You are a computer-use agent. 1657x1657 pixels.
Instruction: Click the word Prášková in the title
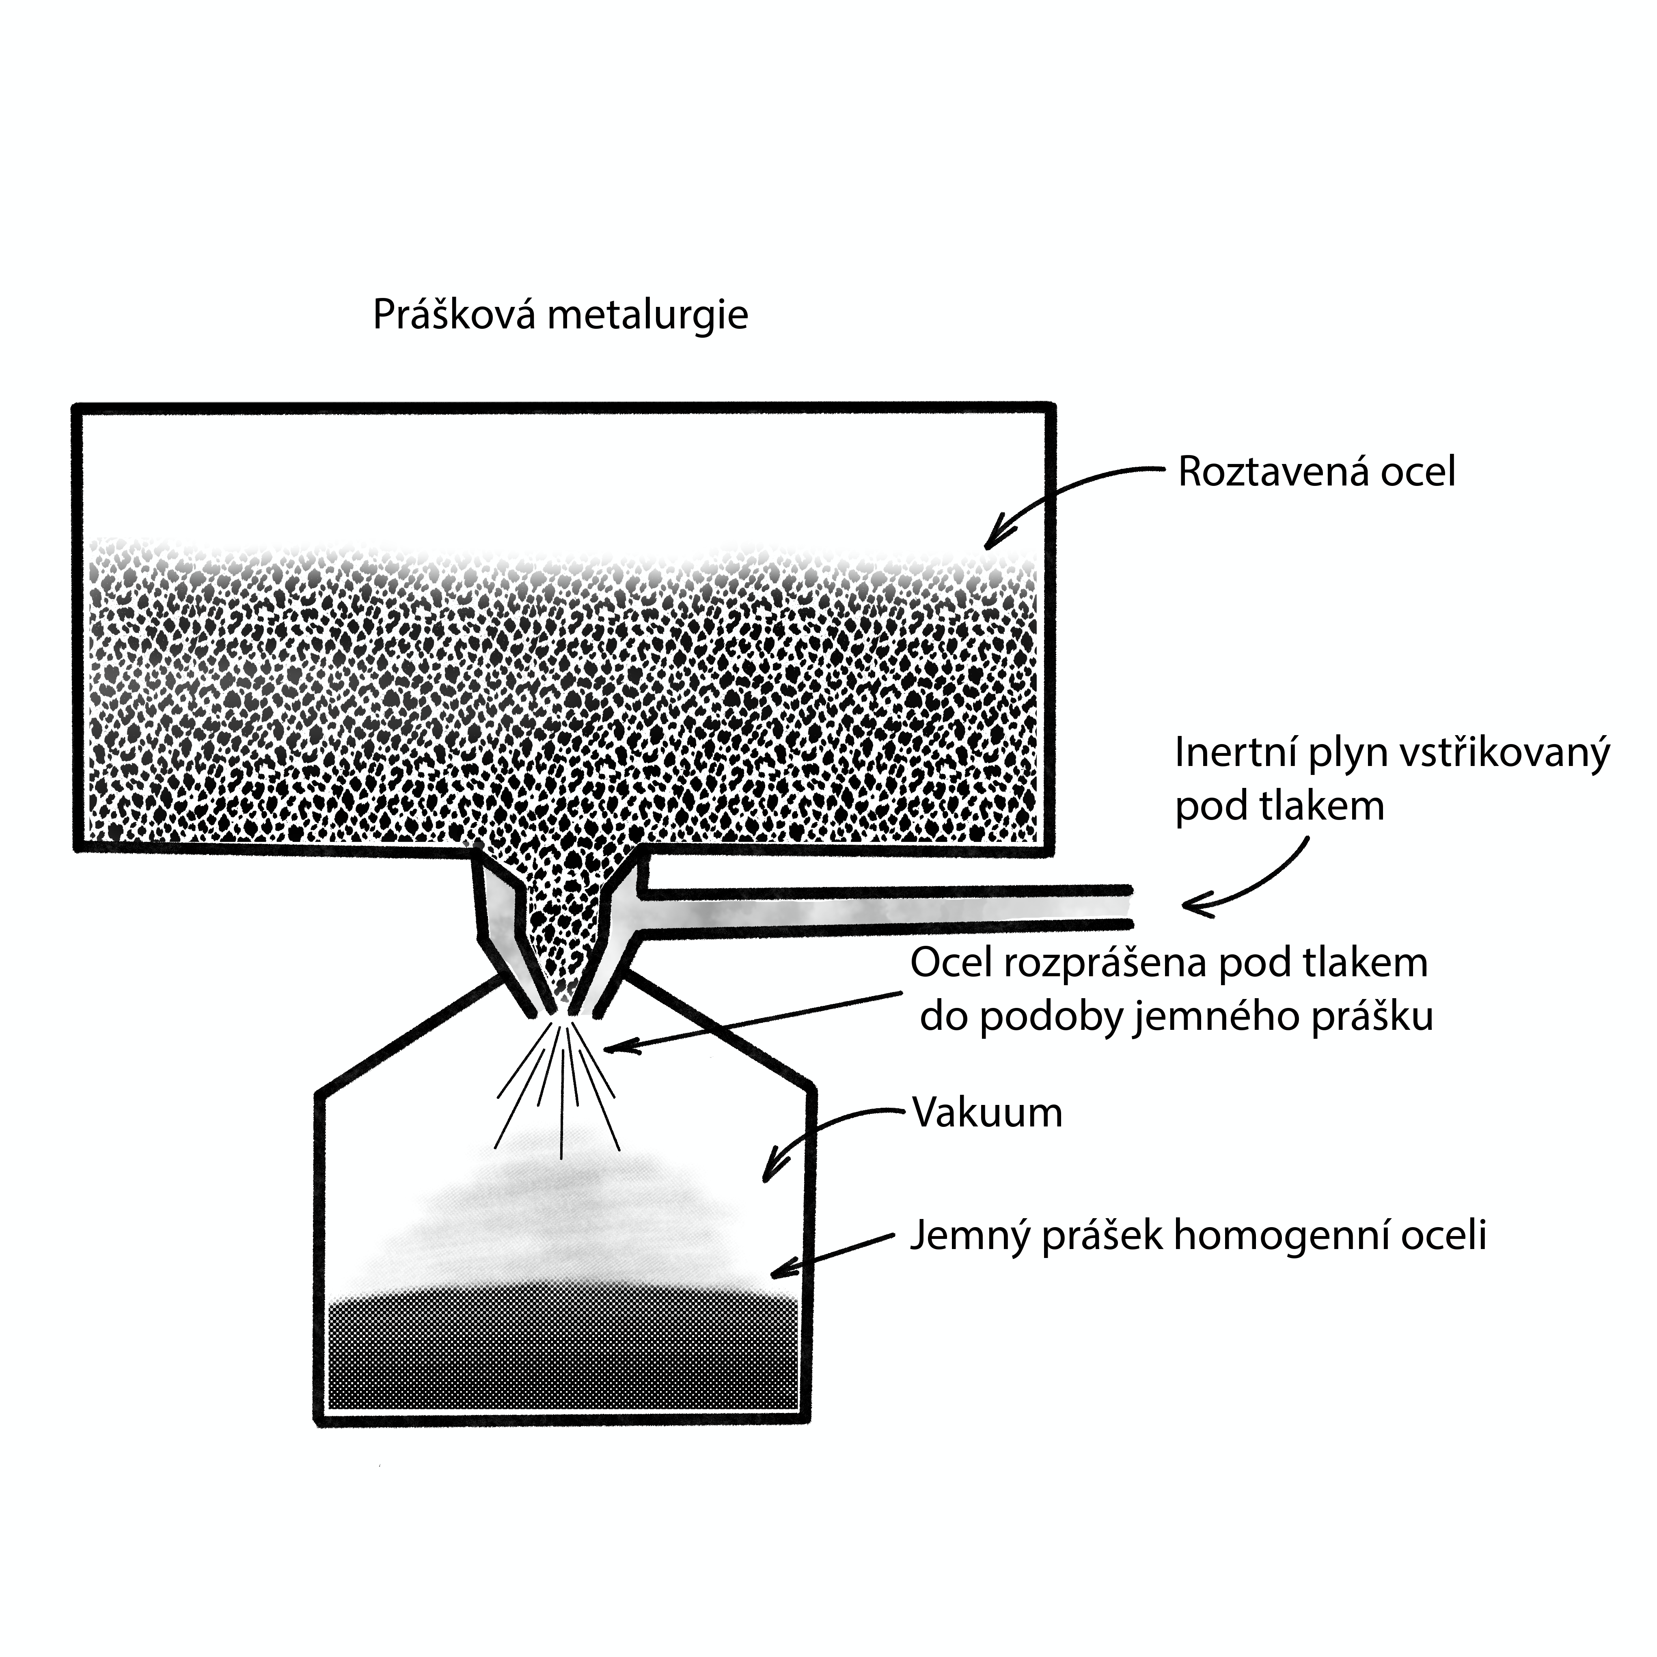pyautogui.click(x=455, y=316)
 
